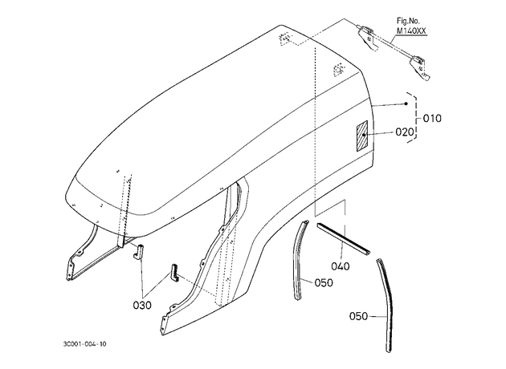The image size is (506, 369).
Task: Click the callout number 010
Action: pos(432,119)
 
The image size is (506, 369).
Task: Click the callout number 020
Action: pos(404,132)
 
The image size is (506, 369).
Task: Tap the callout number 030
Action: pos(142,305)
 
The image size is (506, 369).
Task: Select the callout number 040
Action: pos(341,266)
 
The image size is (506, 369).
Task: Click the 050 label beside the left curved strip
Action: pos(324,282)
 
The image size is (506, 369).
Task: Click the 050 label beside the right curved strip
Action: pos(358,316)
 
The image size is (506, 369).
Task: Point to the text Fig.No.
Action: pos(408,21)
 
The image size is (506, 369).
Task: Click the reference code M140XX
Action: pos(411,31)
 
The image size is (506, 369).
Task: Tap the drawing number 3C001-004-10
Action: pos(84,344)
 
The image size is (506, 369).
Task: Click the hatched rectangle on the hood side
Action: pos(361,136)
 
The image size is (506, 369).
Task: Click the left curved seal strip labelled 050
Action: pos(299,257)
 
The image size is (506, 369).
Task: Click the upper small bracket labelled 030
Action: pos(139,251)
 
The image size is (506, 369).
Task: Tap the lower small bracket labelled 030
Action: pos(175,273)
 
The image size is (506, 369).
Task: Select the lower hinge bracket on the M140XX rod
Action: pos(419,67)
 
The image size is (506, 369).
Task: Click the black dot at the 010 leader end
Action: pos(406,103)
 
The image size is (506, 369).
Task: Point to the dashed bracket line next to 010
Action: pos(414,118)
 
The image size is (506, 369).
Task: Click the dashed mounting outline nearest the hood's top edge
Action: pos(284,39)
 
